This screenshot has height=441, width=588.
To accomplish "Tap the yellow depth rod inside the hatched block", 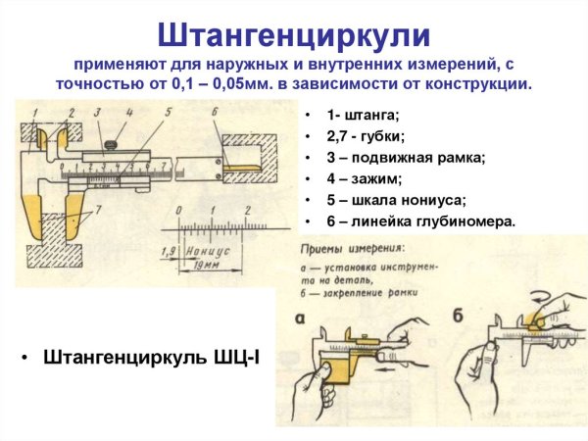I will [239, 168].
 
